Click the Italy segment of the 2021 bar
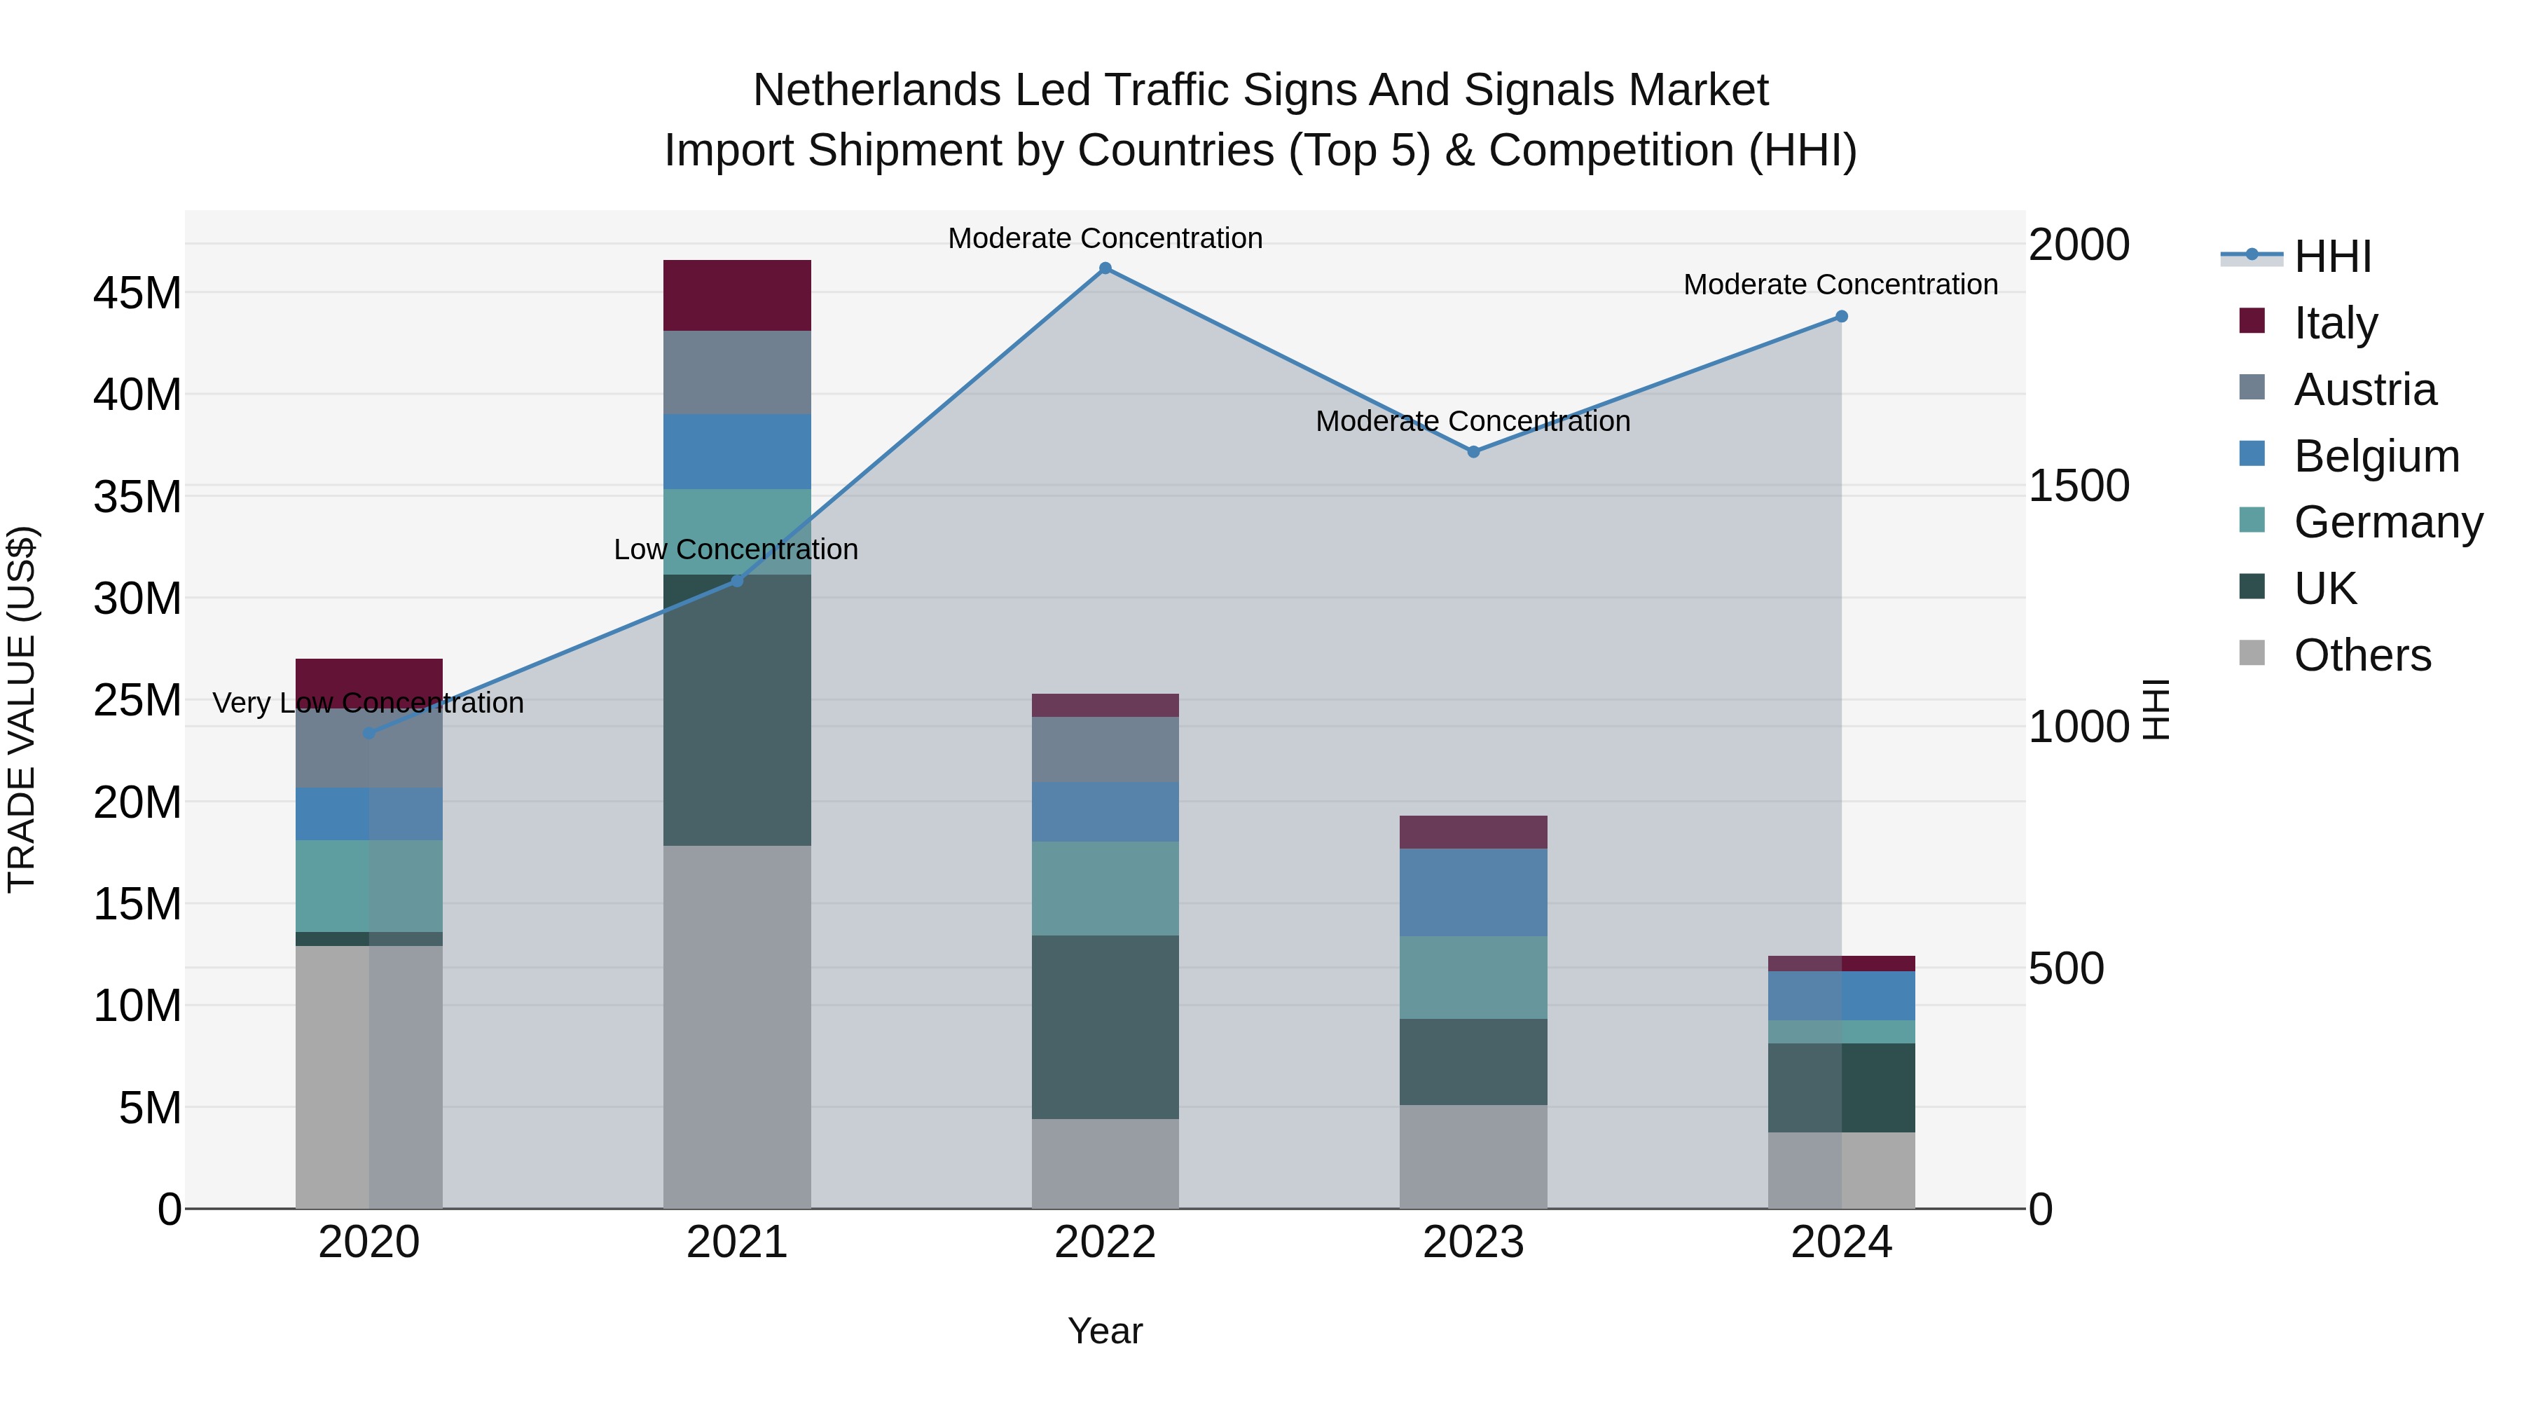tap(736, 295)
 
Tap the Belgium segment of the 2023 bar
tap(1473, 892)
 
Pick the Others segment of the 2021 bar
tap(736, 1027)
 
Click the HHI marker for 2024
tap(1840, 316)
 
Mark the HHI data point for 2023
tap(1473, 451)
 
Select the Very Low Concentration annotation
tap(368, 703)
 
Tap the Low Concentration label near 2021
tap(736, 549)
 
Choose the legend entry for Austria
tap(2364, 390)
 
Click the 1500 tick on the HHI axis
tap(2078, 486)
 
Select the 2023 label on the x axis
tap(1473, 1242)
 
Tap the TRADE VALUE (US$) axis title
tap(22, 709)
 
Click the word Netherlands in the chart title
tap(875, 90)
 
